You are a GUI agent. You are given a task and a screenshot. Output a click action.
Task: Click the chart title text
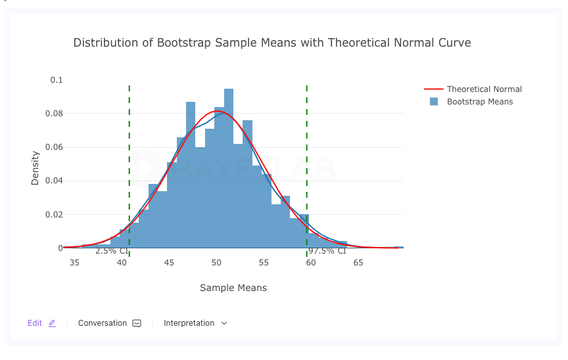point(272,43)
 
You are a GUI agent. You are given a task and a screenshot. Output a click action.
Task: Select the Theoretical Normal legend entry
point(484,89)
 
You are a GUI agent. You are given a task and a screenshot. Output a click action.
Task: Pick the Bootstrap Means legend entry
point(479,102)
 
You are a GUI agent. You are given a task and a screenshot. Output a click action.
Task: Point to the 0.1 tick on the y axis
point(57,80)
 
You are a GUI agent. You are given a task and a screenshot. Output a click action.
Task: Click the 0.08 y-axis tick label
point(55,114)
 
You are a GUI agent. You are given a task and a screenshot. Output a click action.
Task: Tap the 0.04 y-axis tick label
point(55,181)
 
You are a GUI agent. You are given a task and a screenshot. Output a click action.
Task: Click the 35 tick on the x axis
point(74,263)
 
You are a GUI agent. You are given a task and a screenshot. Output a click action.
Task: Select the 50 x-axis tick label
point(216,263)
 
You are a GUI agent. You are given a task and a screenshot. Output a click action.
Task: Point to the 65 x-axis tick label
point(358,263)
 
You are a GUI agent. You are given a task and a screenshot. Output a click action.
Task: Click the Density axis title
point(35,168)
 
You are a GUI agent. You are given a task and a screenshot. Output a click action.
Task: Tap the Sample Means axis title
point(233,288)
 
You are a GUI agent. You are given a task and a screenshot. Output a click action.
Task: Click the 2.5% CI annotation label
point(112,251)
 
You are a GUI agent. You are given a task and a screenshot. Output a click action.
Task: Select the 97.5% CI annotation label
point(327,251)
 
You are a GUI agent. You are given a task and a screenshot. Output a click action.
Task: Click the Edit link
point(35,323)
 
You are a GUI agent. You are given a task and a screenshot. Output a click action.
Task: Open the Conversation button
point(109,323)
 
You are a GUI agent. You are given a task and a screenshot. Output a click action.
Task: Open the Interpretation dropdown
point(195,323)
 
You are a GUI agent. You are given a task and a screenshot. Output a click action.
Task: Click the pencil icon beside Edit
point(52,323)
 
